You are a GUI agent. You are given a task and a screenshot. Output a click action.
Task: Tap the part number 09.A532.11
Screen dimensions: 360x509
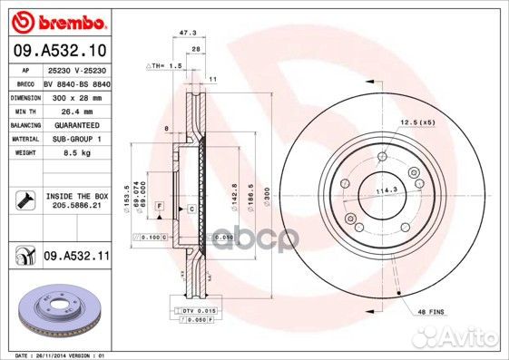[x=76, y=258]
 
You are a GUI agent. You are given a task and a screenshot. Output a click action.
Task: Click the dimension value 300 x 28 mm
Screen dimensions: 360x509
[x=75, y=94]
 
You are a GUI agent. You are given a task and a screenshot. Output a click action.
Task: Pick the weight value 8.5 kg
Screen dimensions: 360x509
[x=75, y=153]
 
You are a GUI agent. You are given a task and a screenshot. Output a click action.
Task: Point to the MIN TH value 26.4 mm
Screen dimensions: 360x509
[x=75, y=109]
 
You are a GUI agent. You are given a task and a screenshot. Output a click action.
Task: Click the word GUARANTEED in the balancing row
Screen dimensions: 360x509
[x=75, y=123]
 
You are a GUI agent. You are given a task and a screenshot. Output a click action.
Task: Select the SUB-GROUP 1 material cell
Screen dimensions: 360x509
[x=75, y=139]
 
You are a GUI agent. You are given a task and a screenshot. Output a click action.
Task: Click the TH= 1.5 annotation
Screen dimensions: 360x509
[x=165, y=67]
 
